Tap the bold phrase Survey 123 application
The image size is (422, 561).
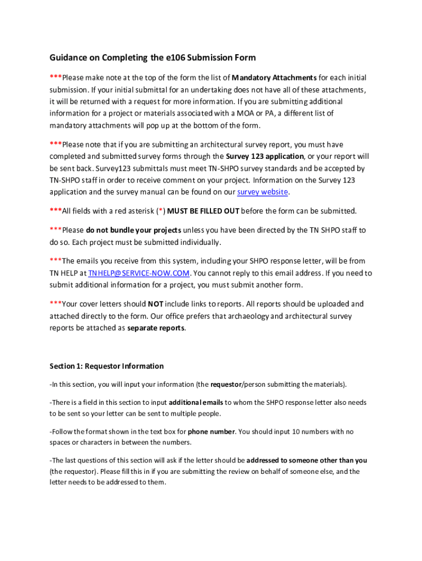265,157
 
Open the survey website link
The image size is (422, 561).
262,192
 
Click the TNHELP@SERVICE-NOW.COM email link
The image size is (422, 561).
139,273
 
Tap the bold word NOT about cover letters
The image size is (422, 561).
156,304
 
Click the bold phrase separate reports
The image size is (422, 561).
156,328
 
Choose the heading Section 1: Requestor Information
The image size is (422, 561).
106,366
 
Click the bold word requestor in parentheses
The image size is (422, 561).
226,384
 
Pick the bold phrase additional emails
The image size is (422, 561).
196,402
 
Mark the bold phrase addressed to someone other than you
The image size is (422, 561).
307,461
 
